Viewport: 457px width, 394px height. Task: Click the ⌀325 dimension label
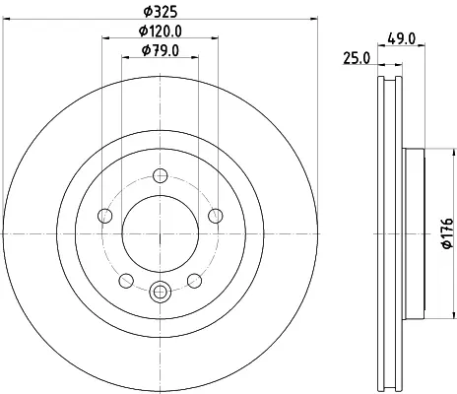point(161,12)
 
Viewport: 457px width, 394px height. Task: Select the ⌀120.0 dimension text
point(161,32)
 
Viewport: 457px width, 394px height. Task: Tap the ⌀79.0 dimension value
point(161,50)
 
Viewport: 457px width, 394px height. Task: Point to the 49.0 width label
point(402,38)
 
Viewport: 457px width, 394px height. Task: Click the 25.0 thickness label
point(357,58)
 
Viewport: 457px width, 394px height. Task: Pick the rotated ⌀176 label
point(448,233)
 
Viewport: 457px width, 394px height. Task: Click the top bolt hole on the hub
point(161,175)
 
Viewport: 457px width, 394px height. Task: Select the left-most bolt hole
point(105,216)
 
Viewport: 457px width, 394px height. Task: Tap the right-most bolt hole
point(216,216)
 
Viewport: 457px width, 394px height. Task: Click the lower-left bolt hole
point(126,281)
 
